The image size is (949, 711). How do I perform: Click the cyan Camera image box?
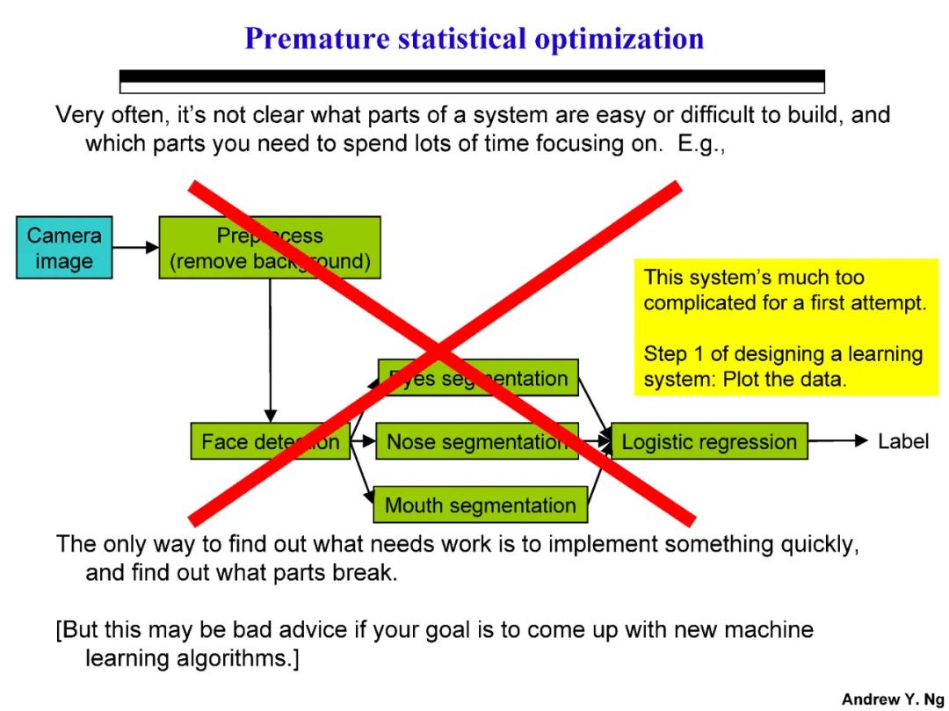(x=64, y=248)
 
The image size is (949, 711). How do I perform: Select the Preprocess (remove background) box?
(x=269, y=248)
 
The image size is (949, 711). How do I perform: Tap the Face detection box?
(x=270, y=441)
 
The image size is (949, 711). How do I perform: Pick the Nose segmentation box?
(x=477, y=441)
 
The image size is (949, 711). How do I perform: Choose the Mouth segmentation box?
(x=480, y=505)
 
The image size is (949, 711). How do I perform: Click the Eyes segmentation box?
(x=478, y=378)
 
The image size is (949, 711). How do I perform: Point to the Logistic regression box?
(x=708, y=441)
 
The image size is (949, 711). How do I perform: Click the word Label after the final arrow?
(x=902, y=441)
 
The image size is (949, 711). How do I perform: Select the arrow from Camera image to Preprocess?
(x=135, y=248)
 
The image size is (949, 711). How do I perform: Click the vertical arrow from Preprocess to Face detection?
(x=270, y=352)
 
